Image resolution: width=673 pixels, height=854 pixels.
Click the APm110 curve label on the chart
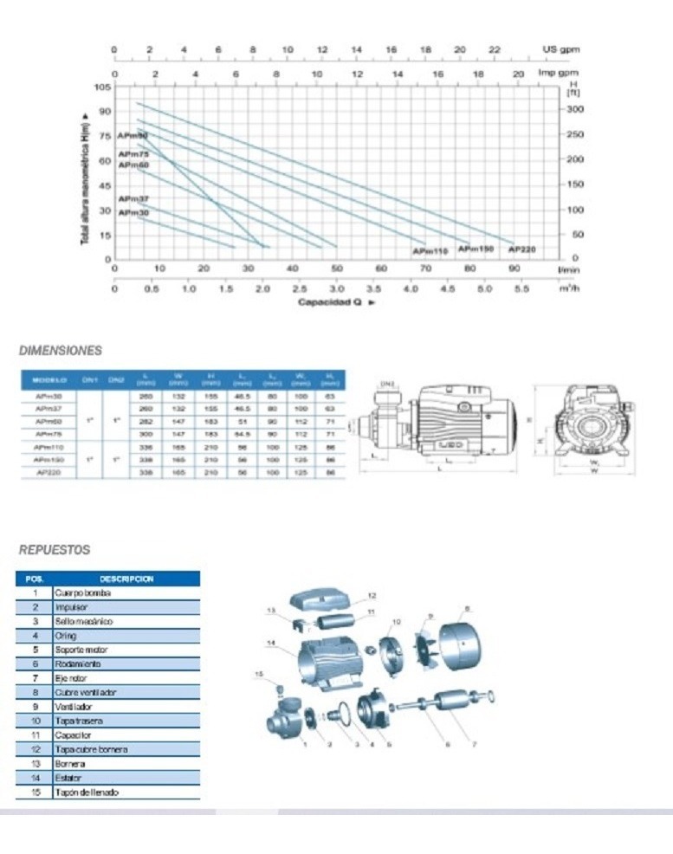430,250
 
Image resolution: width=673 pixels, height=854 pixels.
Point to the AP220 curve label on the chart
521,249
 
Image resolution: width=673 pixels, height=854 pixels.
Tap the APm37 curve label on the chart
133,198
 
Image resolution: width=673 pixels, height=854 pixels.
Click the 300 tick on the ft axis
576,109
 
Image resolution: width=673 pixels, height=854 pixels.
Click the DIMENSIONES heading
61,351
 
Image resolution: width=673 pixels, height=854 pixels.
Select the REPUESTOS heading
55,549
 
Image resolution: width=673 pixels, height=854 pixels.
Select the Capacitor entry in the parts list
73,734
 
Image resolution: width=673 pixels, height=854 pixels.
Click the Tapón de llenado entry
86,792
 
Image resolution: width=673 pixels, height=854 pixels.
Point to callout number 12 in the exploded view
372,596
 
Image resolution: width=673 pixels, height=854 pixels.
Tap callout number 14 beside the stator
271,643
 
